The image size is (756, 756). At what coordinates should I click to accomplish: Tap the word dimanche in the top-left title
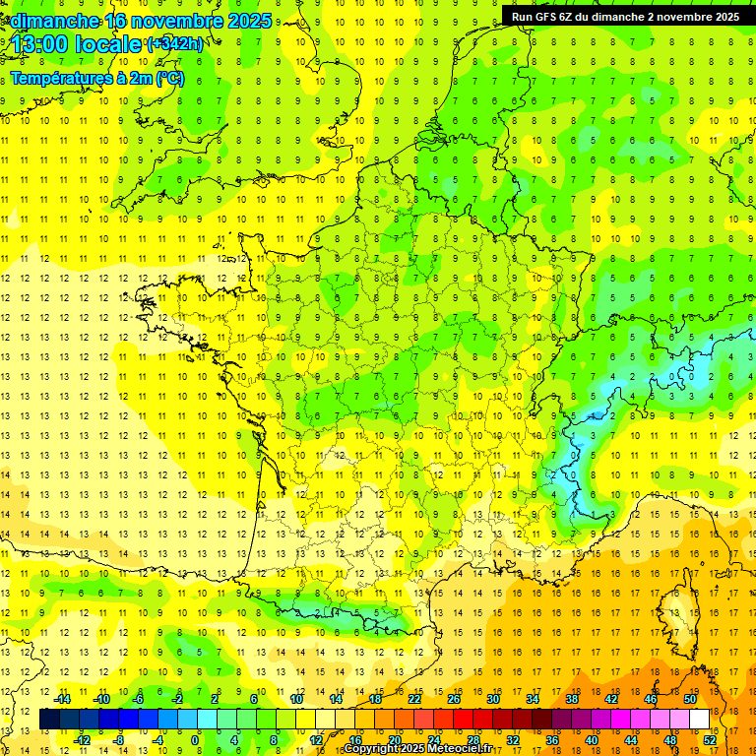(x=54, y=21)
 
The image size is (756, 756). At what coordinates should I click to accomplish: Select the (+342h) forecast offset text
(x=175, y=44)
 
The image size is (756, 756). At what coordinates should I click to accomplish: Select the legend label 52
(x=711, y=740)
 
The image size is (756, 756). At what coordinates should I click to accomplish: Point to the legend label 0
(x=195, y=740)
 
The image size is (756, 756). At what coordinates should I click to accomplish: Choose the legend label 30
(x=492, y=699)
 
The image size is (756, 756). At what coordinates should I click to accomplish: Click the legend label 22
(x=415, y=699)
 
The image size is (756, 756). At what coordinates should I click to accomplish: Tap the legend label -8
(x=118, y=740)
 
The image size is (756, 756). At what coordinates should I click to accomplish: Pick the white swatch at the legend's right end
(x=700, y=720)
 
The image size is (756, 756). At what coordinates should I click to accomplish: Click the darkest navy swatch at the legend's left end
(x=50, y=720)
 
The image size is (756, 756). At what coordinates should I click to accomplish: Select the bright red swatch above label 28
(x=464, y=720)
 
